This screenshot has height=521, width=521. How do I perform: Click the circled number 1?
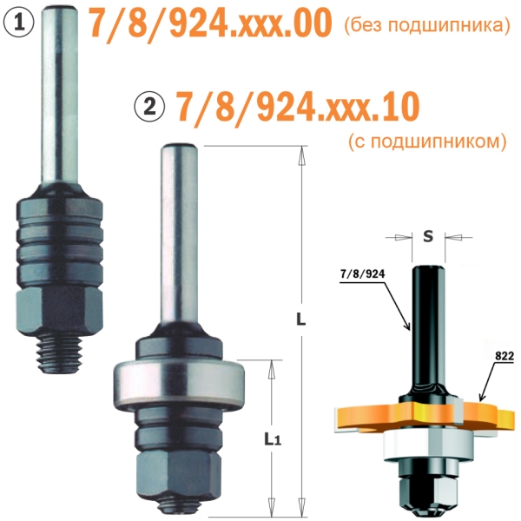[x=19, y=23]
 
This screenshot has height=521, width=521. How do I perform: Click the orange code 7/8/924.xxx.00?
[x=210, y=23]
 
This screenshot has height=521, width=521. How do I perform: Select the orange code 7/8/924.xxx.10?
[x=297, y=106]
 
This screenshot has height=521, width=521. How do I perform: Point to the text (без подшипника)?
[x=426, y=25]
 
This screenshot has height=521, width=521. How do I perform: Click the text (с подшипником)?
[x=427, y=142]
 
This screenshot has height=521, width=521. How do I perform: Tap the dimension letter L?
[x=300, y=319]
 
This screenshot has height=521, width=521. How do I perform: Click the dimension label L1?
[x=273, y=439]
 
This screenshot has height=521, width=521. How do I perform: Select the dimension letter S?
[x=428, y=236]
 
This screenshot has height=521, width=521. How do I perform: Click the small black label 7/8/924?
[x=362, y=274]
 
